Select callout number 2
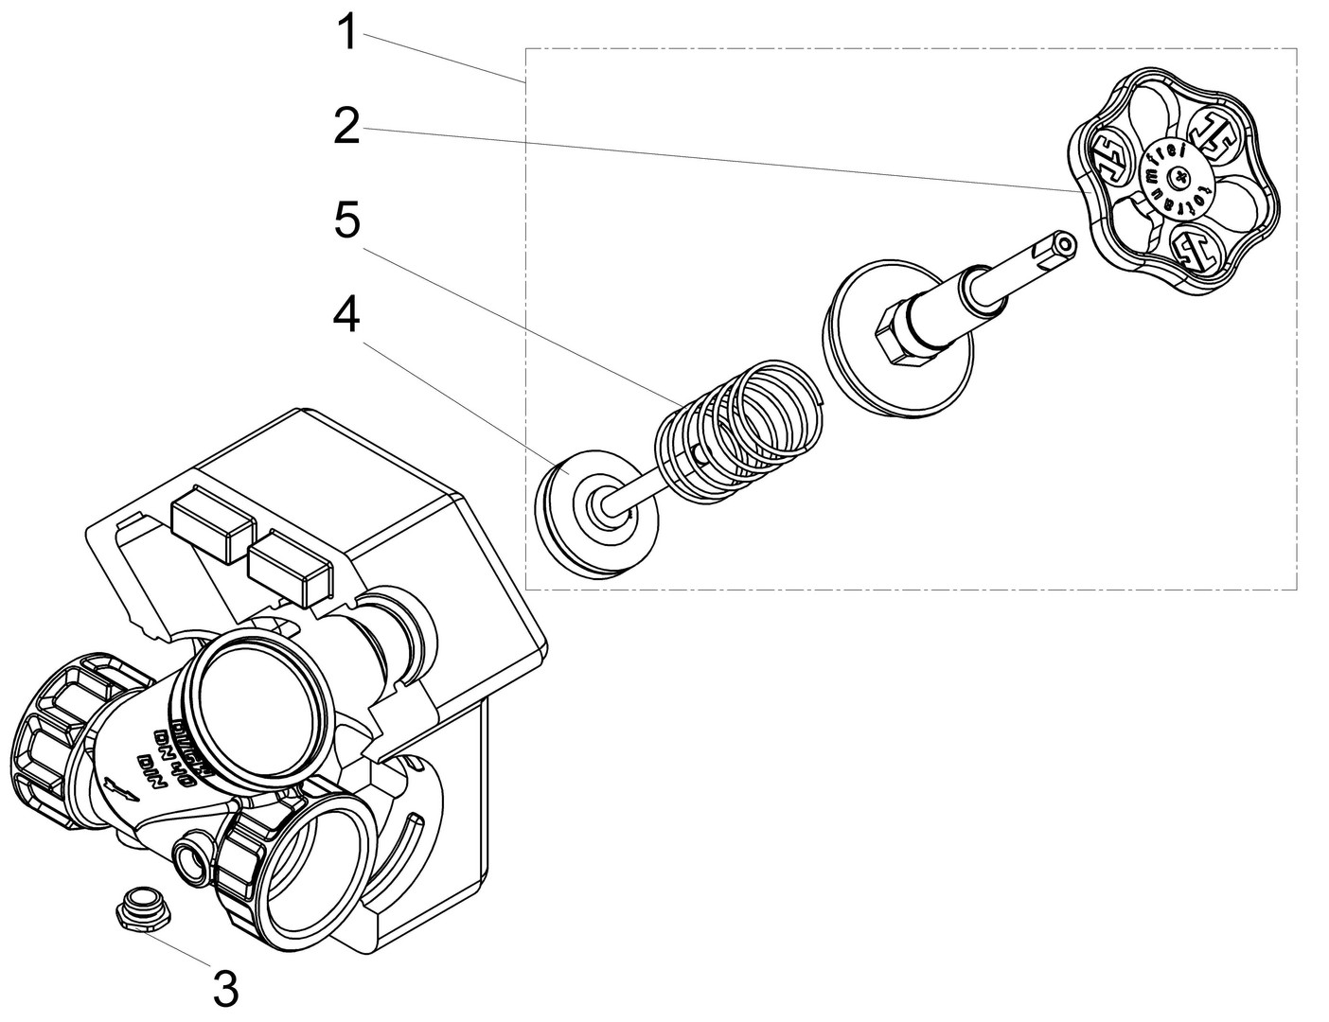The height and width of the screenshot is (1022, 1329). [x=347, y=126]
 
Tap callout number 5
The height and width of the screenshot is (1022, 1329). [x=347, y=221]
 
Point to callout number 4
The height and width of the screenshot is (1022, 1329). [x=347, y=315]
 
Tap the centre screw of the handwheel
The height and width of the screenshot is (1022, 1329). [x=1178, y=175]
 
